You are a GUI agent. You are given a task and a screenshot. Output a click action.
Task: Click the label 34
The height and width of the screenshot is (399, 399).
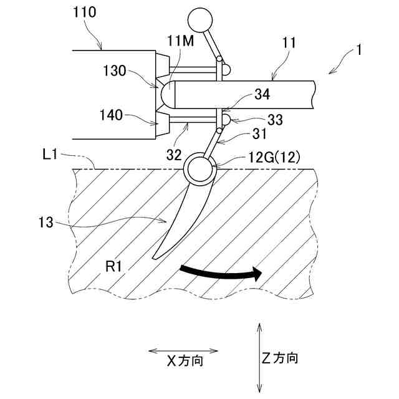point(262,95)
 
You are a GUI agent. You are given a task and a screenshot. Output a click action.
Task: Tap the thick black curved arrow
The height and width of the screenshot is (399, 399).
point(218,272)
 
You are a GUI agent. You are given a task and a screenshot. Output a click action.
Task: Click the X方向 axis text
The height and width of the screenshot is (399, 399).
point(185,360)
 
